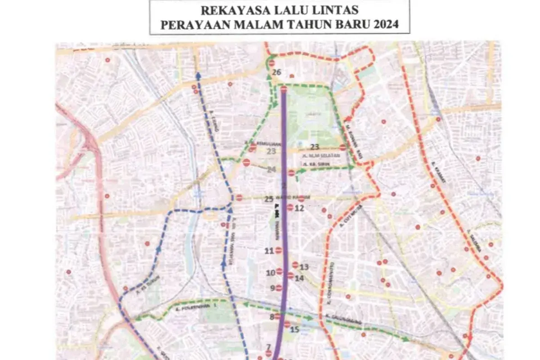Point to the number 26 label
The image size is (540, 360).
point(277,72)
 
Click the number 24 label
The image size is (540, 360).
point(271,170)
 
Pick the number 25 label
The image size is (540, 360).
point(269,199)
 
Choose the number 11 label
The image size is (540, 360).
point(270,251)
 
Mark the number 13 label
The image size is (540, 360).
point(304,267)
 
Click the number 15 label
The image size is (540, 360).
point(295,329)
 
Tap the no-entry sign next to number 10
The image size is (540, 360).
point(279,272)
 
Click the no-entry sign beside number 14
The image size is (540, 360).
point(290,276)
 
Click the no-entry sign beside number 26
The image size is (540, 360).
point(271,63)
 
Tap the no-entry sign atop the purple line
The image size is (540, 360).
point(283,89)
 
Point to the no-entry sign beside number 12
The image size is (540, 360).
point(290,207)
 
